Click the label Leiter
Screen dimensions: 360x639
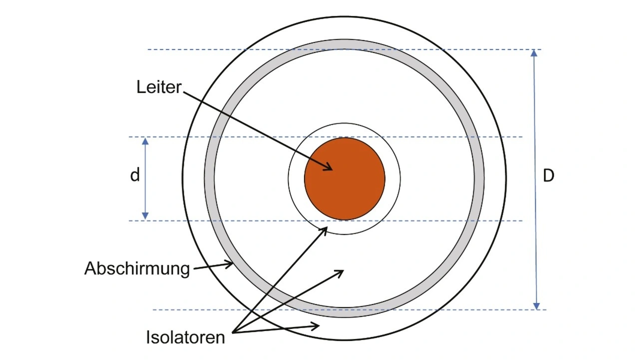click(x=159, y=87)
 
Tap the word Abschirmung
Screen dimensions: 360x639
click(x=137, y=269)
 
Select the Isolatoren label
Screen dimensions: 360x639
click(x=185, y=337)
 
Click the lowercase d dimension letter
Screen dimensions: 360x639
click(x=135, y=176)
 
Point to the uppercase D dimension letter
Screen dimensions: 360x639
click(x=548, y=176)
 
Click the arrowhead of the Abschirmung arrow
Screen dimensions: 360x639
click(x=231, y=264)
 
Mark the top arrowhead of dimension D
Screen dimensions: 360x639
click(x=534, y=53)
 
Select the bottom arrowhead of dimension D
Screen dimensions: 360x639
click(x=537, y=306)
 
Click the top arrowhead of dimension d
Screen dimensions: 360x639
click(x=145, y=141)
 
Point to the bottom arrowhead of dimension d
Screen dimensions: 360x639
click(x=145, y=216)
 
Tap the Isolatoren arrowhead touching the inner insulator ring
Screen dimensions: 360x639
click(x=325, y=229)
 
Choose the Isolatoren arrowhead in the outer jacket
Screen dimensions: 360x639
click(x=316, y=327)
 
